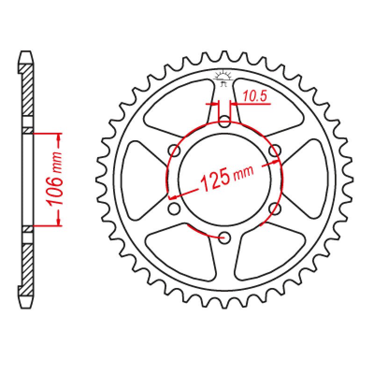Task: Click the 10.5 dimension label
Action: [255, 97]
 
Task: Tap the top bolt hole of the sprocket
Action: [225, 123]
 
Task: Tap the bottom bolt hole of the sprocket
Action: [225, 237]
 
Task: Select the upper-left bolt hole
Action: [175, 151]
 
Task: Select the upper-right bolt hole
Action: [275, 151]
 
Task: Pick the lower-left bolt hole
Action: [174, 209]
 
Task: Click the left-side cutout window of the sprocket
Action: [140, 180]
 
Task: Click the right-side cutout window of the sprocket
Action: [309, 180]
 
